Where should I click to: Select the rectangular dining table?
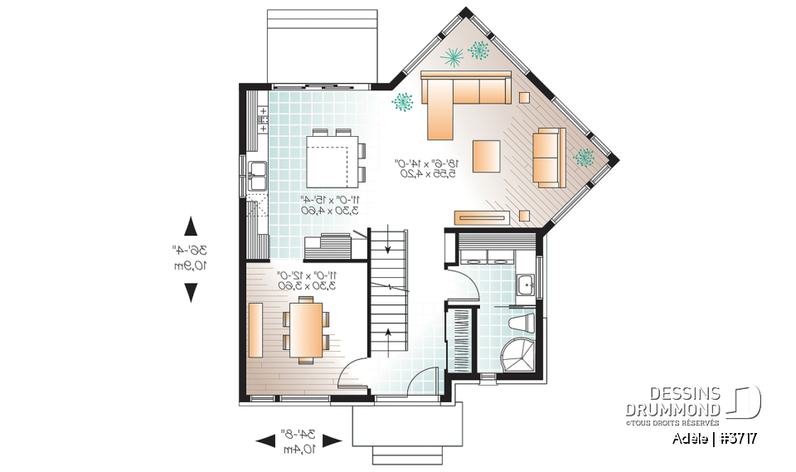pyautogui.click(x=304, y=328)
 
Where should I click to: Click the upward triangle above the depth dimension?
pyautogui.click(x=191, y=225)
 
